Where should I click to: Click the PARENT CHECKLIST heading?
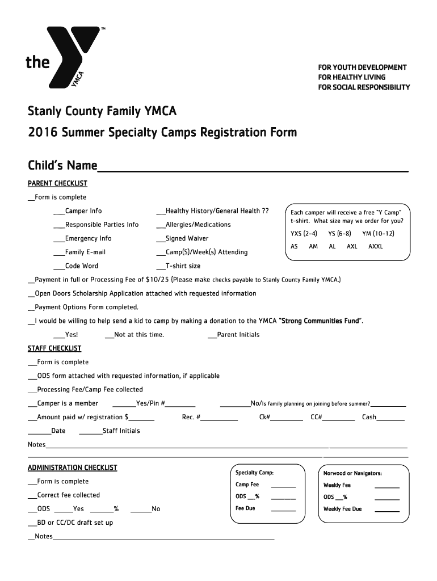coord(57,183)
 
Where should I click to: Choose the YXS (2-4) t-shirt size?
coord(304,234)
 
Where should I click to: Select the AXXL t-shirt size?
coord(376,247)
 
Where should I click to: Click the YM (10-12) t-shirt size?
coord(378,234)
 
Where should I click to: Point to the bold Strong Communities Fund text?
coord(320,321)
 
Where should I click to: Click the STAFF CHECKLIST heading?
coord(54,348)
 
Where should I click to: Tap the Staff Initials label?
coord(121,431)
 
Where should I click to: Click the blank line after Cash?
coord(391,420)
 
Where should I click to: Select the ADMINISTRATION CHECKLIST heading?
coord(72,468)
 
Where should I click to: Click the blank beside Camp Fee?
coord(283,487)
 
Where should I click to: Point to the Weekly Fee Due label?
coord(342,509)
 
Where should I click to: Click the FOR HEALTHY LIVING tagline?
coord(351,77)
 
